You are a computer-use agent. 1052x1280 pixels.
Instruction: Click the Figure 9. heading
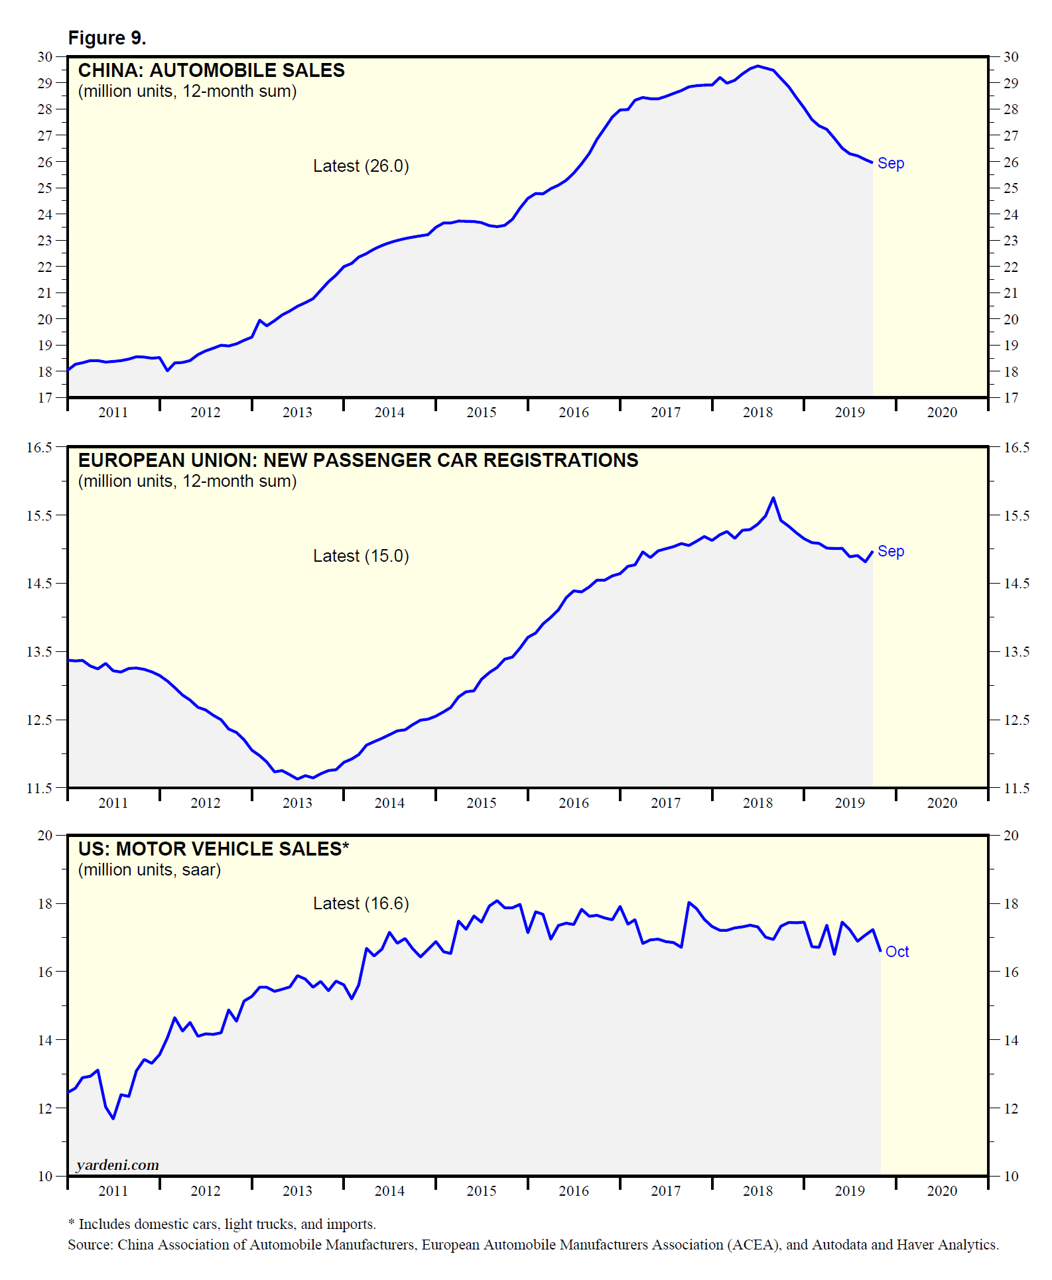pos(107,38)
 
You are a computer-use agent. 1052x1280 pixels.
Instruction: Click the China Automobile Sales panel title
pos(211,70)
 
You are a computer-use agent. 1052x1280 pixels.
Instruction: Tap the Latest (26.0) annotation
pos(361,166)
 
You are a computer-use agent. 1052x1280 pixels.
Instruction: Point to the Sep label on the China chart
pos(890,163)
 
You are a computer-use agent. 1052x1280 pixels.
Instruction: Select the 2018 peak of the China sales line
pos(757,66)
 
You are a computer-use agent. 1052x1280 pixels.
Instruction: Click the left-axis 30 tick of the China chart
pos(45,57)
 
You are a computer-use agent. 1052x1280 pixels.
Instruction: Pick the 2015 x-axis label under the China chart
pos(482,413)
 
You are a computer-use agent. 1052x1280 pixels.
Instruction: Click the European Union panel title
pos(358,460)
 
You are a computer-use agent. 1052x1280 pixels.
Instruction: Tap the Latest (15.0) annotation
pos(361,556)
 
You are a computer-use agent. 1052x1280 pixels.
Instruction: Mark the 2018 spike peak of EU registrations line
pos(773,497)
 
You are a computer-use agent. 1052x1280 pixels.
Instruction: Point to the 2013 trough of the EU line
pos(298,779)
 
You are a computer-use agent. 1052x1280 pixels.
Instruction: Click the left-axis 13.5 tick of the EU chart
pos(39,652)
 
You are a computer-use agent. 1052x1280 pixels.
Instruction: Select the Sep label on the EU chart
pos(890,551)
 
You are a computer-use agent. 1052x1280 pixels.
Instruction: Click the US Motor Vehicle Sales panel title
pos(213,849)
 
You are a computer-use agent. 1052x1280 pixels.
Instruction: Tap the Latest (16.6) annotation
pos(361,903)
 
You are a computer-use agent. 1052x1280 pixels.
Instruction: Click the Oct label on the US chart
pos(897,952)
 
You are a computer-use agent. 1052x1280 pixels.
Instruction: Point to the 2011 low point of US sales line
pos(113,1119)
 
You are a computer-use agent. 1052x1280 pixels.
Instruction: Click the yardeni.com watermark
pos(117,1165)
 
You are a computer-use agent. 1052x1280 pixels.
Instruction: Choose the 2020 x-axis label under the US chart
pos(942,1191)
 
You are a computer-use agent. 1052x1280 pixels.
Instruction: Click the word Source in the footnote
pos(90,1245)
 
